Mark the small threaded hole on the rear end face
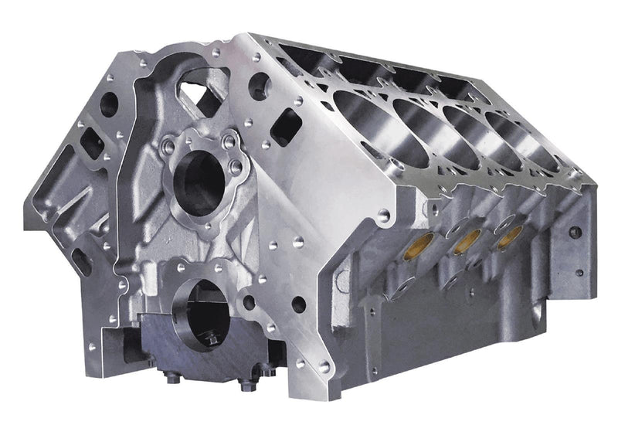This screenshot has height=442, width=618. coord(574,231)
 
